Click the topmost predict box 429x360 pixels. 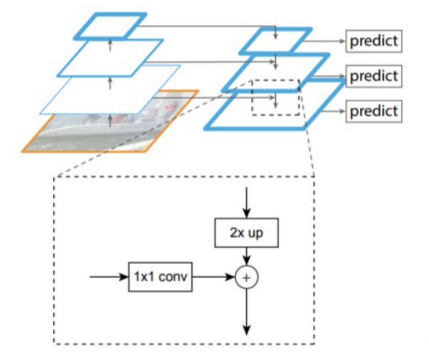point(373,41)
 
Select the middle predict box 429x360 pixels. point(373,76)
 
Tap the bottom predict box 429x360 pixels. point(373,111)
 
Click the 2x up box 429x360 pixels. point(246,233)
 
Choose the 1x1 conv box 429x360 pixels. point(160,277)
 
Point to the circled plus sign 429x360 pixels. point(246,277)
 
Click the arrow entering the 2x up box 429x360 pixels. point(246,202)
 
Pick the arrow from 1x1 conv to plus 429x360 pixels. point(213,277)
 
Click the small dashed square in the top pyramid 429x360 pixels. point(276,98)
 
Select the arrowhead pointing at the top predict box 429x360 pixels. point(342,41)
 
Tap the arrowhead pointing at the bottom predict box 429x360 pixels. point(342,111)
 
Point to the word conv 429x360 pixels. point(173,277)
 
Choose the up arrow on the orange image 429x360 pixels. point(110,121)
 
